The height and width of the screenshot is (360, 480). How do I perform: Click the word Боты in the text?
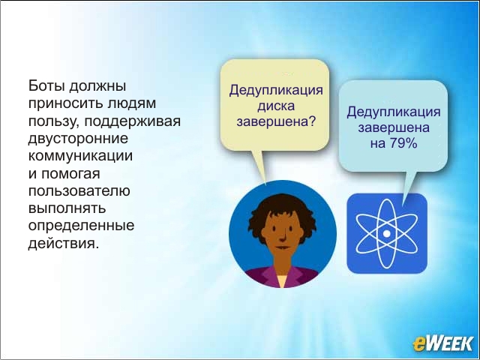pyautogui.click(x=46, y=85)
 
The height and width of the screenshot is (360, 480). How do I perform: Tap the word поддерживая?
pyautogui.click(x=132, y=121)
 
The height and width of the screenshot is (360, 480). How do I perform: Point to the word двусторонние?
pyautogui.click(x=78, y=139)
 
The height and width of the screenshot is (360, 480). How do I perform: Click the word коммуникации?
pyautogui.click(x=80, y=155)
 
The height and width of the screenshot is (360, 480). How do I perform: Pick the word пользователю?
pyautogui.click(x=79, y=191)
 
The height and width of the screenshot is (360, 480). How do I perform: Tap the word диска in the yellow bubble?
pyautogui.click(x=276, y=106)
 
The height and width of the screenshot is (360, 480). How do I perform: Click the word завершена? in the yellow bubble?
pyautogui.click(x=276, y=121)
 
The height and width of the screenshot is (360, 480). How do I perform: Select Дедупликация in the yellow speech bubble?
pyautogui.click(x=276, y=91)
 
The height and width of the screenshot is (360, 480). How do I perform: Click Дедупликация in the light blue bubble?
pyautogui.click(x=394, y=112)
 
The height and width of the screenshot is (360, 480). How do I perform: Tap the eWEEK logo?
pyautogui.click(x=443, y=343)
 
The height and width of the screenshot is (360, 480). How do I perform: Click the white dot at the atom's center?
pyautogui.click(x=387, y=234)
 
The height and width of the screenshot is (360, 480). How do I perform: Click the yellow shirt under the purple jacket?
pyautogui.click(x=282, y=280)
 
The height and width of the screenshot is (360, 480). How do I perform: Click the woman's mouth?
pyautogui.click(x=283, y=247)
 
